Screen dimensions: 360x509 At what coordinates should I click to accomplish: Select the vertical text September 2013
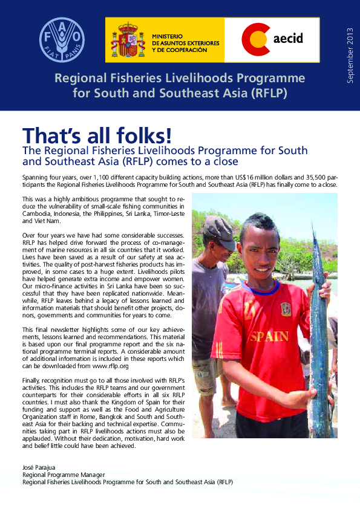(x=349, y=55)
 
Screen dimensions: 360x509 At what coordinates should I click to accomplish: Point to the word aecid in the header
(x=288, y=39)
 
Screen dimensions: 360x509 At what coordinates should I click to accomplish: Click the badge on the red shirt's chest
(x=286, y=309)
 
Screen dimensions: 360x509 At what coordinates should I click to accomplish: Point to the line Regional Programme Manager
(x=64, y=475)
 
